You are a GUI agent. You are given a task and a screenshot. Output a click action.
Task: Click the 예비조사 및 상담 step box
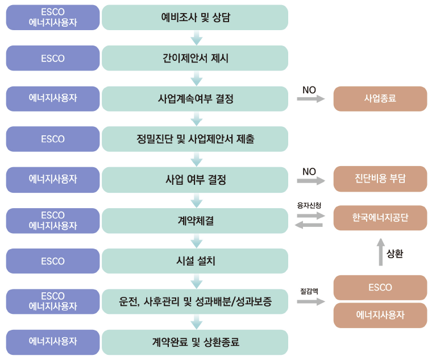(x=195, y=18)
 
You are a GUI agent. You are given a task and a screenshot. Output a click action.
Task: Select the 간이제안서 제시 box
(x=195, y=58)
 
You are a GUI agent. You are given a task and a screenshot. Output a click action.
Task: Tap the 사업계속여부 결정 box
(x=195, y=98)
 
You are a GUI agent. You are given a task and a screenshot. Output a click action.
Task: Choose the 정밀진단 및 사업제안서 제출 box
(x=195, y=139)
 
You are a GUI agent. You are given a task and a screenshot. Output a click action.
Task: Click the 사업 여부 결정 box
(x=195, y=180)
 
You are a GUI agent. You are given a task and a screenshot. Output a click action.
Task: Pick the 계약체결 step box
(x=195, y=221)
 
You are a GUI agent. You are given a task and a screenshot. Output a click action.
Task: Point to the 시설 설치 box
(x=195, y=261)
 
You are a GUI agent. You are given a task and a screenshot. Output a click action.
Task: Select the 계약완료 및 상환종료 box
(x=195, y=342)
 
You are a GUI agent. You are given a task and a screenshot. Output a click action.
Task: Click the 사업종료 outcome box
(x=380, y=98)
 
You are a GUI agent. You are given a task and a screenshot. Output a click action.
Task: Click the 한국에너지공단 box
(x=380, y=218)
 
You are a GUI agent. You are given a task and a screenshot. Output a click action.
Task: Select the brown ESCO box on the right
(x=380, y=288)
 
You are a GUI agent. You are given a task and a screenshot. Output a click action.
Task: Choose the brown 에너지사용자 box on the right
(x=380, y=315)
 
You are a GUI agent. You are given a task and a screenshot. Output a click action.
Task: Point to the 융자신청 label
(x=309, y=204)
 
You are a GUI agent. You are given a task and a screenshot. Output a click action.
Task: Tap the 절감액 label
(x=309, y=290)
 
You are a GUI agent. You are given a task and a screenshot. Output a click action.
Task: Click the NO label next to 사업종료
(x=309, y=90)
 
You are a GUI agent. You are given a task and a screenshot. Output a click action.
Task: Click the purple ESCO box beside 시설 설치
(x=53, y=261)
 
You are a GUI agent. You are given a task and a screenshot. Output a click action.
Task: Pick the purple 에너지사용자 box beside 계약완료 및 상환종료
(x=53, y=342)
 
